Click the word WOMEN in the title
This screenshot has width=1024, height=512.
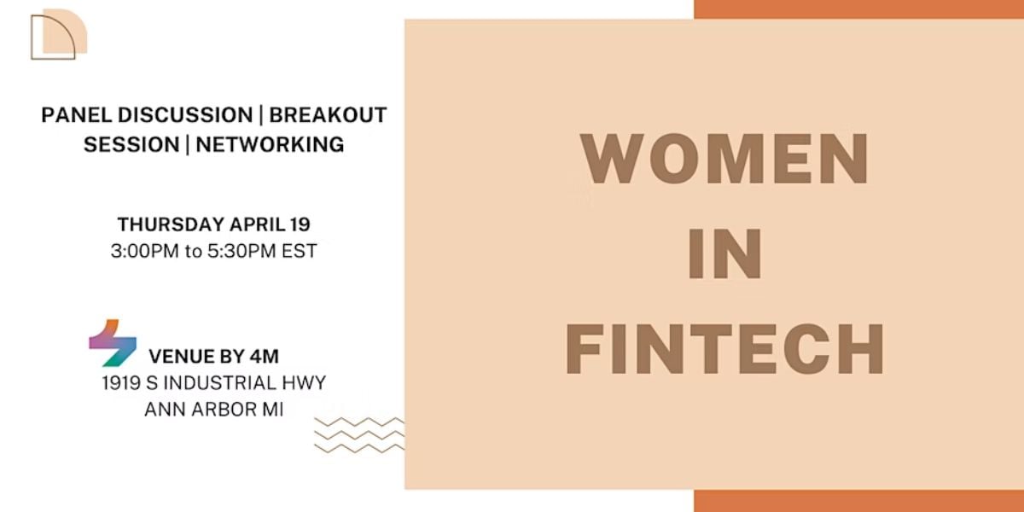pos(724,158)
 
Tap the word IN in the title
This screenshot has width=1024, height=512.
pos(724,253)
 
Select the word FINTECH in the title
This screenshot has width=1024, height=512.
pos(725,349)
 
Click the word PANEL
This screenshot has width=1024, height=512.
pos(76,114)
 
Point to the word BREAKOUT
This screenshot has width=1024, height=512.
pos(328,114)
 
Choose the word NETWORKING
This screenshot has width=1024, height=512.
pos(270,144)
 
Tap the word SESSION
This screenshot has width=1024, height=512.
pos(131,144)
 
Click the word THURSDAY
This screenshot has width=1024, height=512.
pos(171,224)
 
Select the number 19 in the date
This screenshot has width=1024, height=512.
pos(300,224)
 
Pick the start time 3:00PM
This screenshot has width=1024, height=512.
pos(144,251)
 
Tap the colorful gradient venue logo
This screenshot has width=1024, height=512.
pos(113,343)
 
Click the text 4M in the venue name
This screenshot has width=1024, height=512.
pos(265,357)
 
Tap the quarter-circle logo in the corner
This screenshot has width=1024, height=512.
pos(59,34)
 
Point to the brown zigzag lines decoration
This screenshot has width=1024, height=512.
pos(359,435)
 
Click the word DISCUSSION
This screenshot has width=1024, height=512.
pos(185,114)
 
